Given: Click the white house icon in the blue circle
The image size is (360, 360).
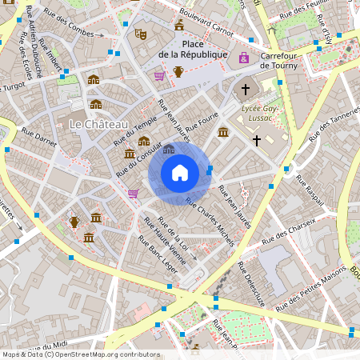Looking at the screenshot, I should [180, 172].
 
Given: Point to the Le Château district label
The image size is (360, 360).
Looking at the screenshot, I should [99, 124].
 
